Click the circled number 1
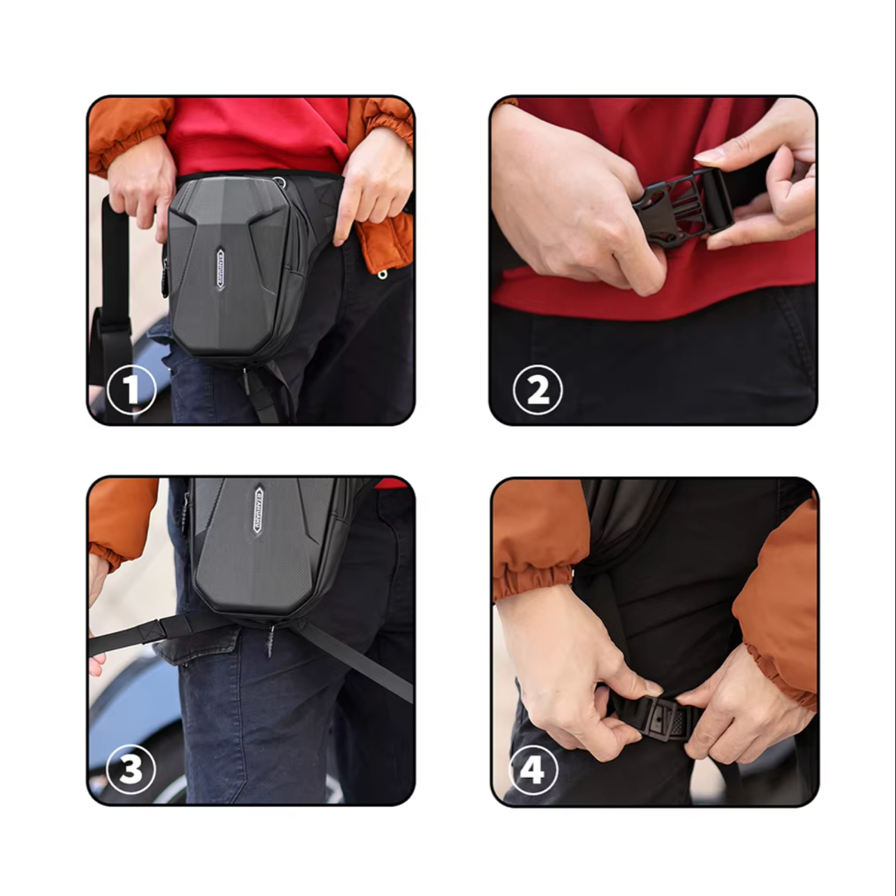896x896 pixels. [131, 390]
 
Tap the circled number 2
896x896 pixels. [538, 390]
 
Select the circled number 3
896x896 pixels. [131, 769]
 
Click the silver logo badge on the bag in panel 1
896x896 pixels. [220, 269]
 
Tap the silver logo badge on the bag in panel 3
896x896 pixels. [258, 508]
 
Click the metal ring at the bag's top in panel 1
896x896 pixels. [280, 182]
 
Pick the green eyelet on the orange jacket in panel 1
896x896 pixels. [382, 275]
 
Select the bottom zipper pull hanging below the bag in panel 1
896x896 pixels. [244, 381]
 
